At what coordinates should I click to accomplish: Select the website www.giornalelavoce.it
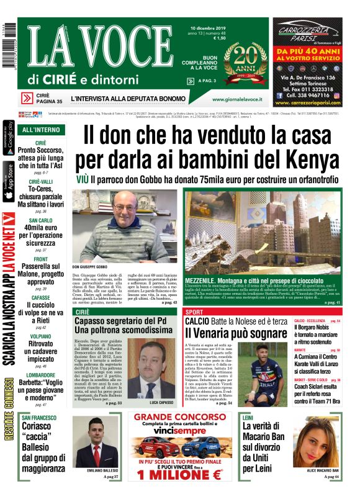pyautogui.click(x=236, y=99)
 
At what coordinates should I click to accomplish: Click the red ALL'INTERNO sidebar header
pyautogui.click(x=41, y=130)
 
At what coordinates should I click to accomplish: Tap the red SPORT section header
pyautogui.click(x=195, y=311)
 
